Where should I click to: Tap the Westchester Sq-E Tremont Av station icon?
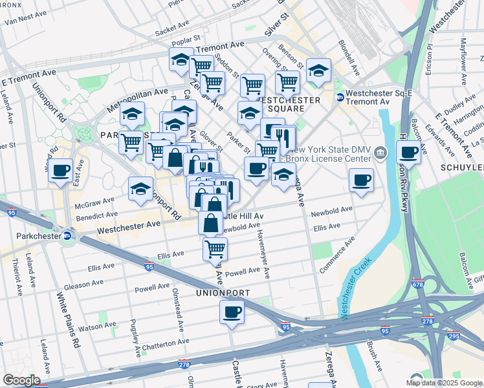click(x=340, y=97)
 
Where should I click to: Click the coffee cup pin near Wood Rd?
click(x=61, y=171)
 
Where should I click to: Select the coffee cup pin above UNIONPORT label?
click(x=231, y=313)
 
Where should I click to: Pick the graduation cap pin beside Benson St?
click(x=318, y=71)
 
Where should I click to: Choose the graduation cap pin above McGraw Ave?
click(x=140, y=189)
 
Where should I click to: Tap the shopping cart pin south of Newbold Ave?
click(x=215, y=249)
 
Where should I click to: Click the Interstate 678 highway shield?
click(x=419, y=284)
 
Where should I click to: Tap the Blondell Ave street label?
click(x=347, y=56)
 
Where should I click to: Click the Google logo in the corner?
click(x=21, y=380)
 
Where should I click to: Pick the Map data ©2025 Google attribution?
click(x=444, y=383)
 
